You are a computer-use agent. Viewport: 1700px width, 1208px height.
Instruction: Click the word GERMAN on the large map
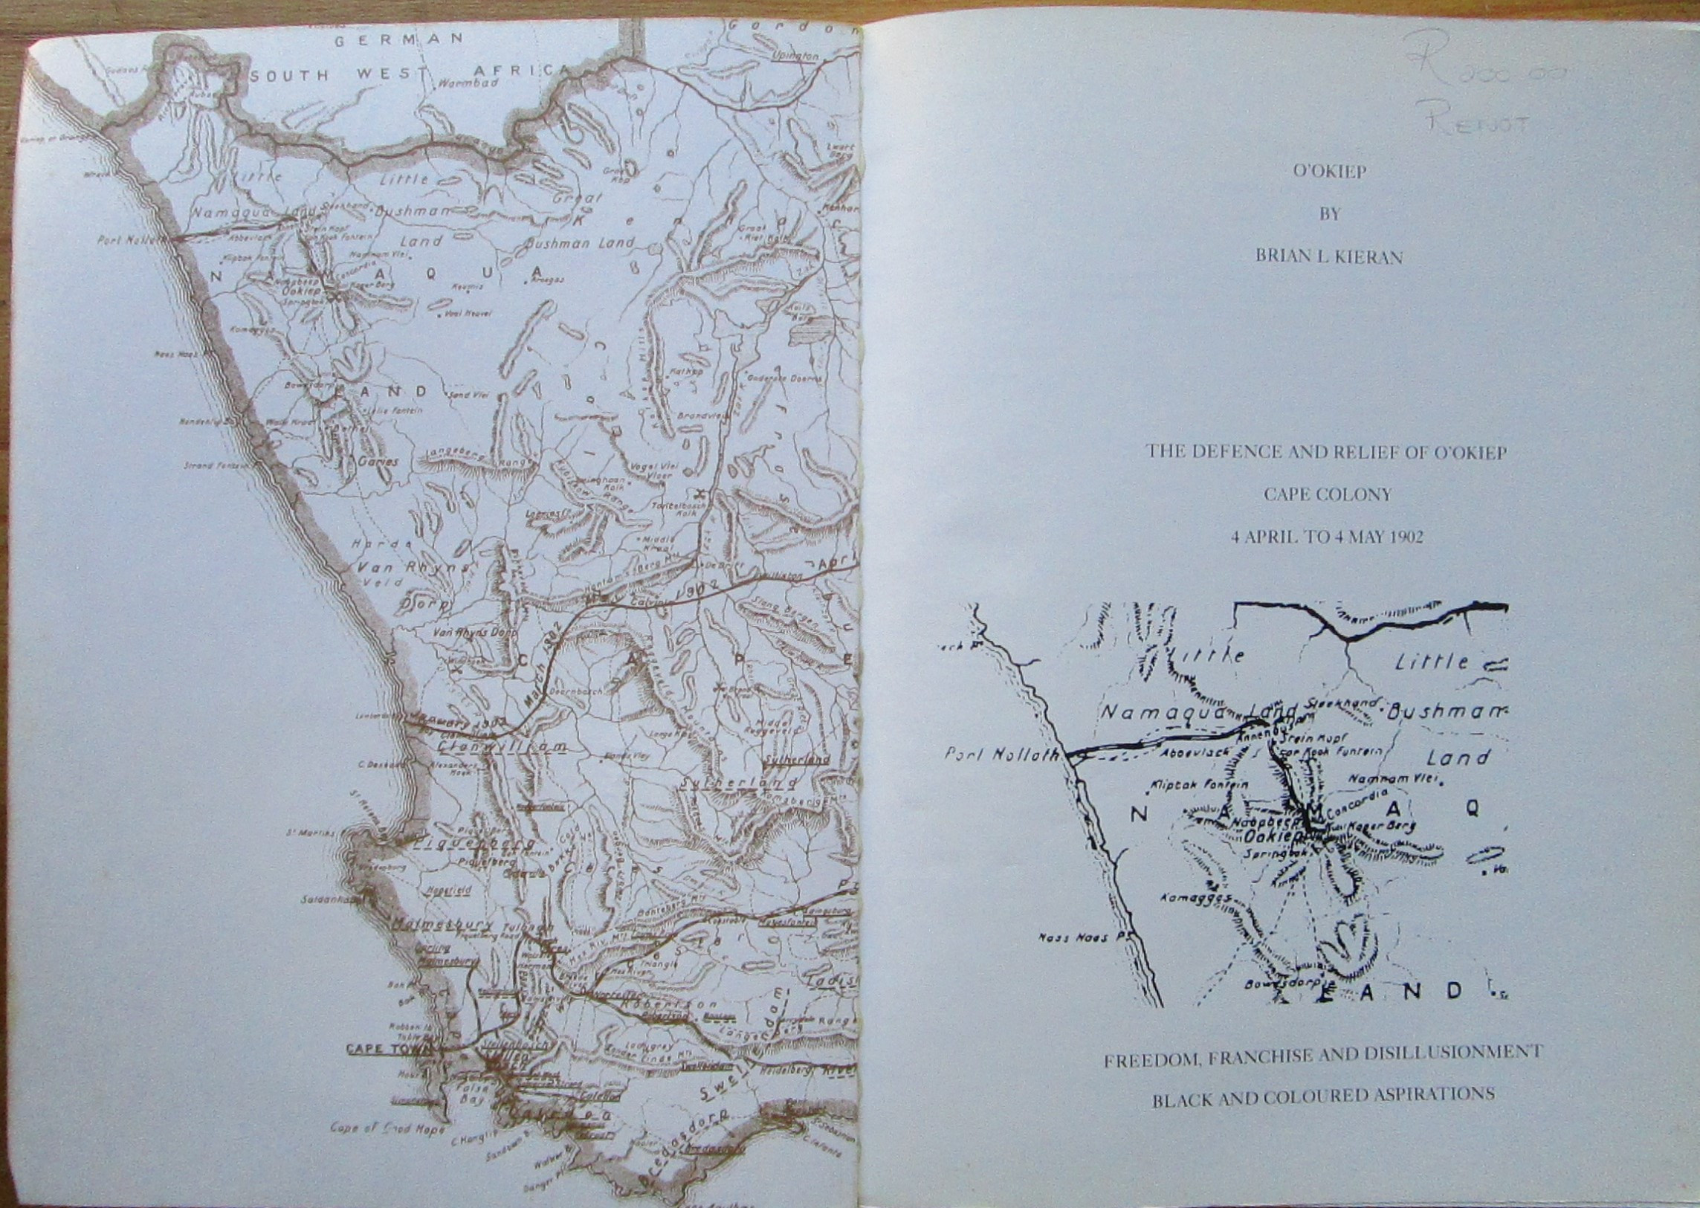pos(398,40)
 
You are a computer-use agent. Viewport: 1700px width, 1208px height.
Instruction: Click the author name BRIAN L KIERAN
pos(1329,257)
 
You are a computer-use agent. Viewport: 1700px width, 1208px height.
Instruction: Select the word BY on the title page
pos(1329,214)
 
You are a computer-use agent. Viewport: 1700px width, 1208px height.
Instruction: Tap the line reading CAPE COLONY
pos(1328,494)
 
